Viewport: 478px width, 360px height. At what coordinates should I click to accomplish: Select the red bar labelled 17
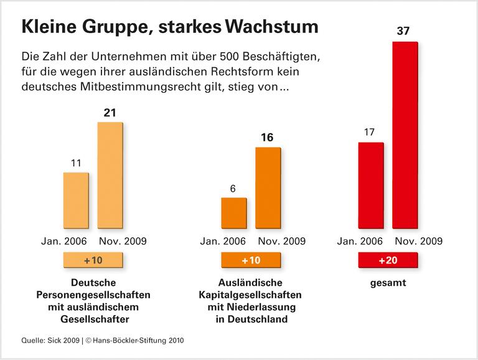(x=370, y=186)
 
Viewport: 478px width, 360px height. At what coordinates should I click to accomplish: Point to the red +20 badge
(x=387, y=260)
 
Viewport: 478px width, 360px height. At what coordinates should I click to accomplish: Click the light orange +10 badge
(x=93, y=260)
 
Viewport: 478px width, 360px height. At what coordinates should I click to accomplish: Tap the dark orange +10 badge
(x=251, y=260)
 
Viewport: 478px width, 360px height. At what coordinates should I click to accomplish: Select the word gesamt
(x=387, y=283)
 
